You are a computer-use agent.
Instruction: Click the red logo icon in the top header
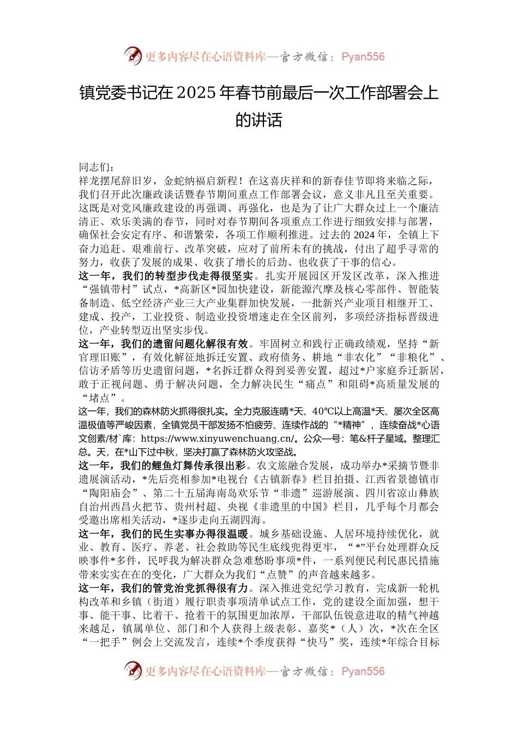[133, 56]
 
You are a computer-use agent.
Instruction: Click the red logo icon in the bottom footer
[133, 670]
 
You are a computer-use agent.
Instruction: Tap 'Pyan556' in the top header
[363, 57]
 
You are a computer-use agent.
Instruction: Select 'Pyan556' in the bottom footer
[363, 671]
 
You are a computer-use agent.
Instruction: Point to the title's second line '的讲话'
[258, 119]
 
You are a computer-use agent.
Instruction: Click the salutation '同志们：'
[97, 167]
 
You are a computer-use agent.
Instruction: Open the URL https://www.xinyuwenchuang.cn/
[217, 438]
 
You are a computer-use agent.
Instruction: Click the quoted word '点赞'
[278, 574]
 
